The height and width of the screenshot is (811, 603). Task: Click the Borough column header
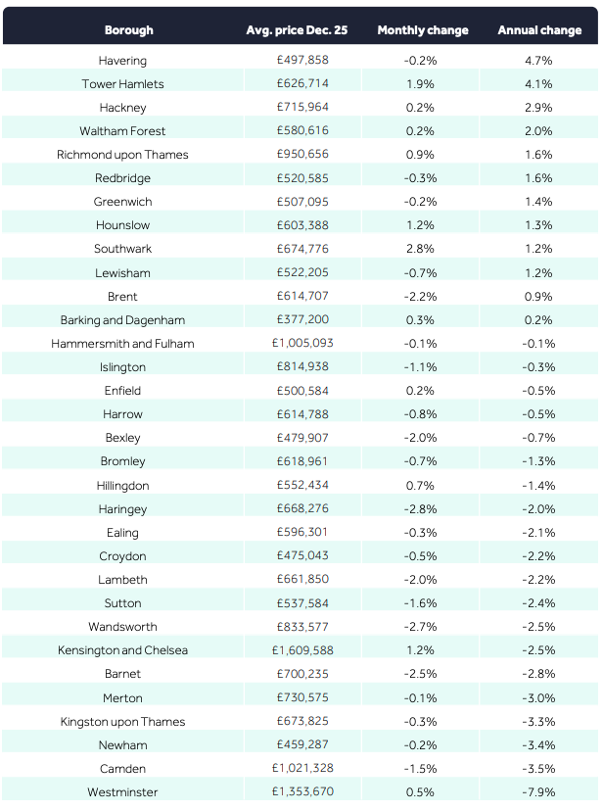(128, 30)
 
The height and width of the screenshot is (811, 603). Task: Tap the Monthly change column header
(423, 30)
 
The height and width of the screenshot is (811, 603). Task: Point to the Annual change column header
(539, 30)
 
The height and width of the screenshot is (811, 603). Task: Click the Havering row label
(122, 61)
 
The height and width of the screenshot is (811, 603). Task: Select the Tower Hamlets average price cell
(302, 84)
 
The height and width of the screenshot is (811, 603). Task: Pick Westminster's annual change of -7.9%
(538, 792)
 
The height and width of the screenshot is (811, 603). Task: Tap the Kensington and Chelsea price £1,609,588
(302, 650)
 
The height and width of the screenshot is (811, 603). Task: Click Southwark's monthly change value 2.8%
(420, 249)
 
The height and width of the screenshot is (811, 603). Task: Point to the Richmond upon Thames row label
(122, 155)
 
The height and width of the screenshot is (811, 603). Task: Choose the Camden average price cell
(302, 769)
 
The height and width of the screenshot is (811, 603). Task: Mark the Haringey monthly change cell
(420, 509)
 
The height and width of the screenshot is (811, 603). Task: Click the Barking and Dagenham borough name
(122, 320)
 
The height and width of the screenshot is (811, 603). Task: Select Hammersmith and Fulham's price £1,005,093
(302, 344)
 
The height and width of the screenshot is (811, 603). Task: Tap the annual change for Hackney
(538, 108)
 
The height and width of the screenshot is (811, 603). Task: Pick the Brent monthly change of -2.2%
(420, 297)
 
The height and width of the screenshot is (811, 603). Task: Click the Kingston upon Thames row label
(122, 722)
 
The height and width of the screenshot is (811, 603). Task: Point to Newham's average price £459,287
(302, 745)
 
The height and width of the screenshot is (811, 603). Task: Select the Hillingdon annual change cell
(538, 486)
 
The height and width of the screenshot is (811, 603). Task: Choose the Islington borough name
(122, 367)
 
